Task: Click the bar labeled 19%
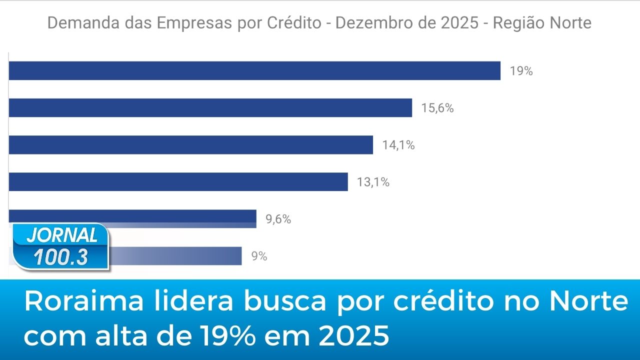coord(254,70)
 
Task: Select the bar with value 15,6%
coord(210,107)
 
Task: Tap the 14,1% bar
coord(190,144)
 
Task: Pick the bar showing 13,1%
coord(178,181)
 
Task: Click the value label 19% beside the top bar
coord(521,71)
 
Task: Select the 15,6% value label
coord(437,108)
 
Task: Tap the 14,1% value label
coord(398,145)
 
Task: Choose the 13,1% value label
coord(373,182)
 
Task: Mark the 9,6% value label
coord(278,219)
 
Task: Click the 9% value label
coord(259,256)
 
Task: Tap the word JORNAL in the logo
coord(62,235)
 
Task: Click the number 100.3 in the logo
coord(61,257)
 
